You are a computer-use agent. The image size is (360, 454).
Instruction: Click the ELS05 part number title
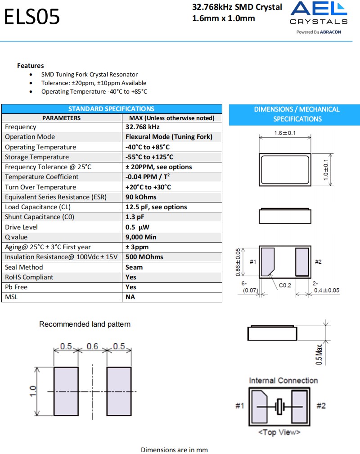click(x=31, y=18)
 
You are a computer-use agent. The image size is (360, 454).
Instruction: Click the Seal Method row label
click(x=24, y=267)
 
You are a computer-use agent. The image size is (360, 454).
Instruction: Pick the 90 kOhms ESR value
click(x=141, y=197)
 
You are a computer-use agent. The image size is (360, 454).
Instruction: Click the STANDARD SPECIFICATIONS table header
click(x=111, y=109)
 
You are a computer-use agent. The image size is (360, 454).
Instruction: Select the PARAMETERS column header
click(x=62, y=118)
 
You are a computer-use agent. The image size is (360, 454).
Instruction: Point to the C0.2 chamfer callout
click(x=285, y=285)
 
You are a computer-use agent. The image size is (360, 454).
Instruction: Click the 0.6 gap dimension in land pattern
click(x=92, y=346)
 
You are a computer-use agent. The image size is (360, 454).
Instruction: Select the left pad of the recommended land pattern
click(x=66, y=391)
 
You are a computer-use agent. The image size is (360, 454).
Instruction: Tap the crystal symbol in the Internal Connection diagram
click(x=279, y=406)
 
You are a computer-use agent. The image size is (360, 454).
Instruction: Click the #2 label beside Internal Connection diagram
click(x=321, y=406)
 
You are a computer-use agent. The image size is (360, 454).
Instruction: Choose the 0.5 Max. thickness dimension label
click(x=319, y=354)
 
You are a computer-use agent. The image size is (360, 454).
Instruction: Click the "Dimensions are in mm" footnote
click(x=174, y=450)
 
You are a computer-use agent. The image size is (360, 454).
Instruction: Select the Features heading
click(x=31, y=66)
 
